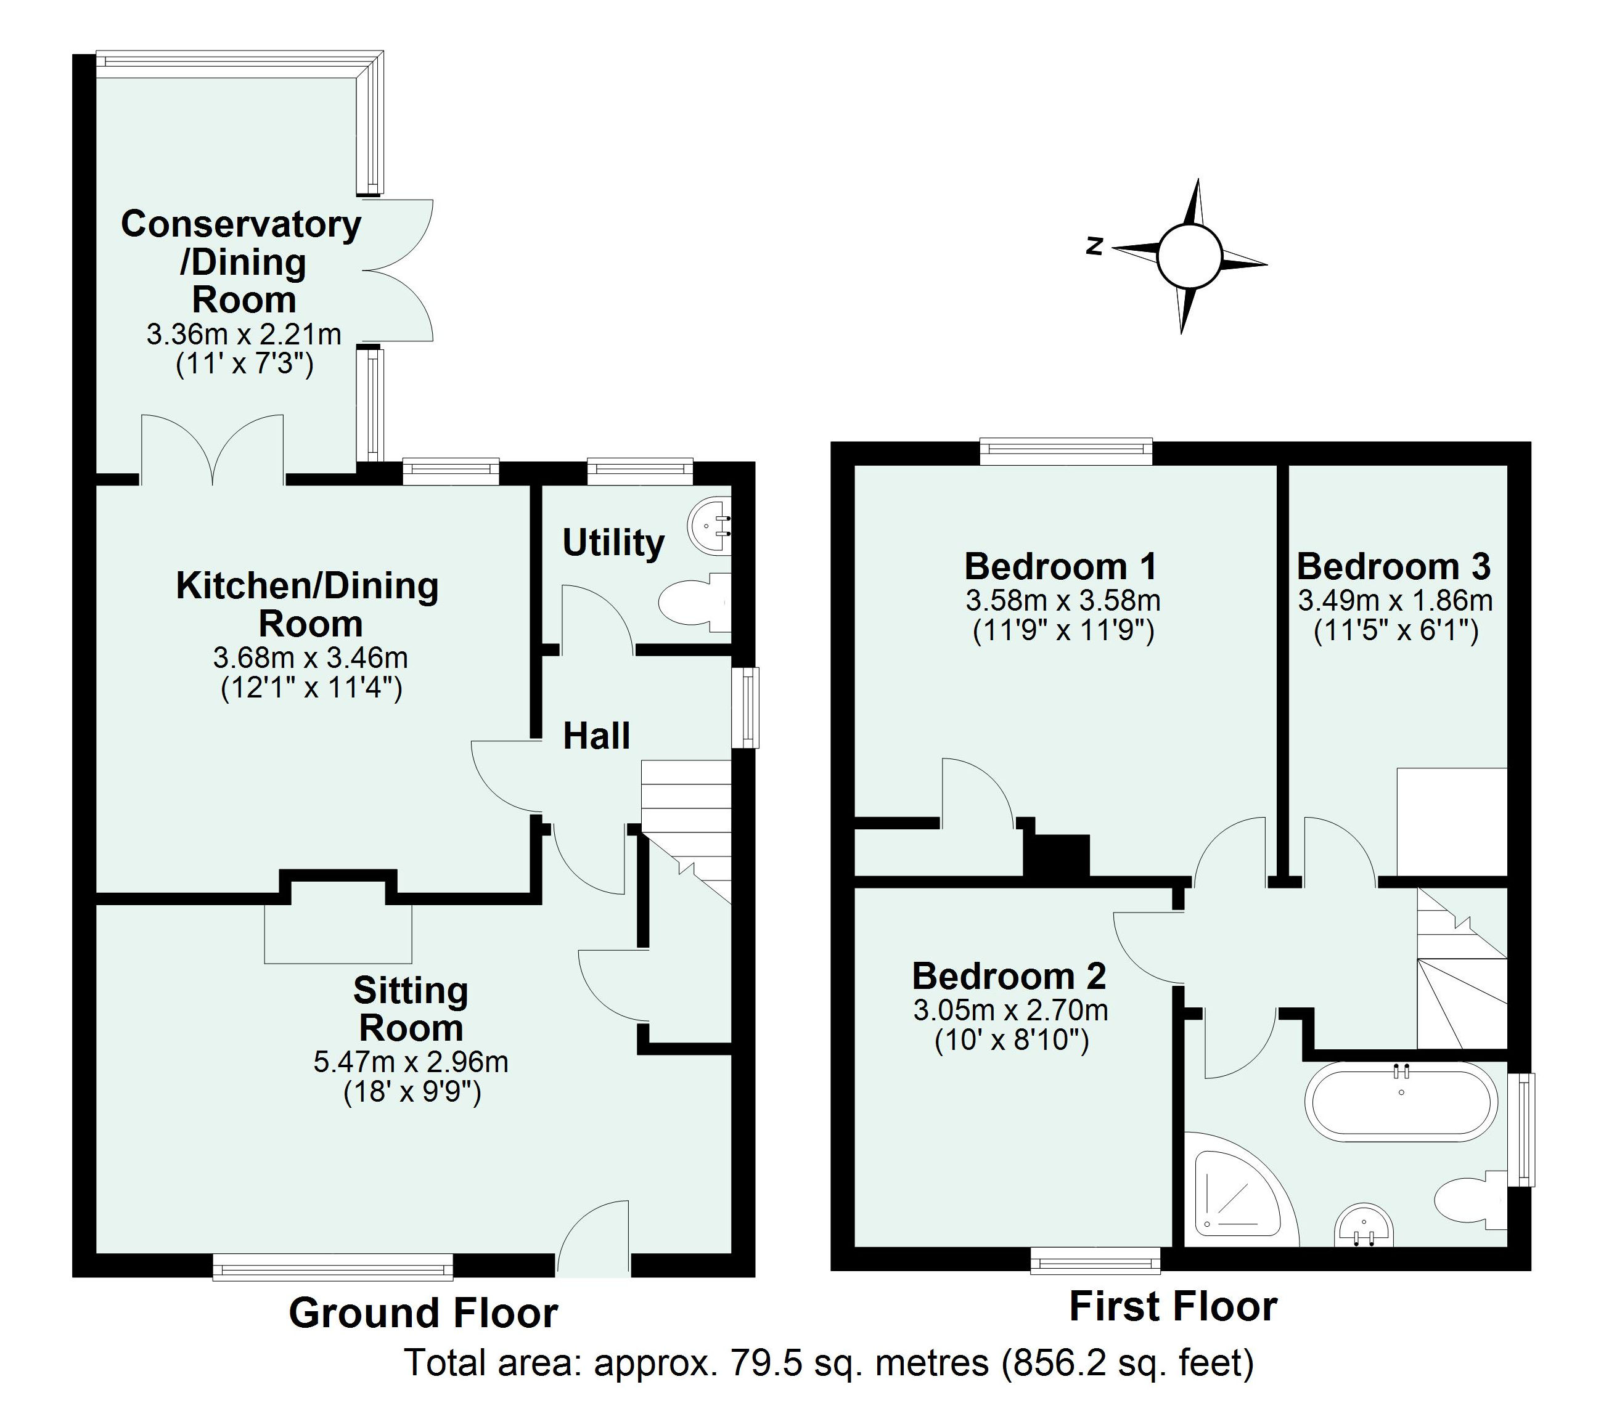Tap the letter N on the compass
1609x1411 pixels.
click(x=1094, y=246)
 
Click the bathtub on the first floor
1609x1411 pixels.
click(x=1401, y=1102)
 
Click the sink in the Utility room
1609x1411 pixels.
click(x=710, y=526)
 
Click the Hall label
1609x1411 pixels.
click(x=596, y=736)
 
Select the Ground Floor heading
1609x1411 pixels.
click(x=423, y=1314)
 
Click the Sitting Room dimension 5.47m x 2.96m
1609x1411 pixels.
click(x=410, y=1062)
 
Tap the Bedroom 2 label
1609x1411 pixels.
click(x=1009, y=977)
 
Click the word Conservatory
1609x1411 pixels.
click(x=241, y=224)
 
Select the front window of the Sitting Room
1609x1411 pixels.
click(x=333, y=1269)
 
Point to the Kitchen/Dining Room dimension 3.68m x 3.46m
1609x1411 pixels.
click(x=310, y=657)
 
